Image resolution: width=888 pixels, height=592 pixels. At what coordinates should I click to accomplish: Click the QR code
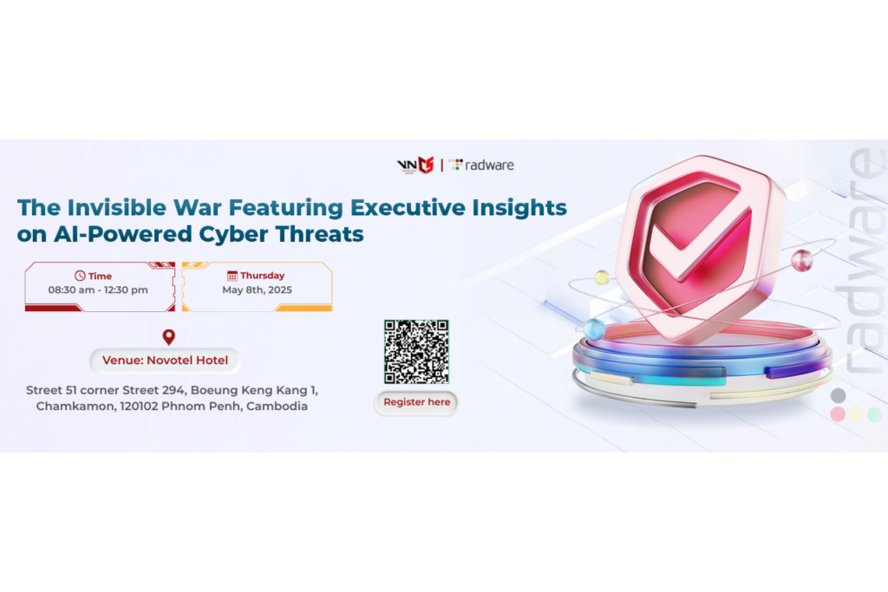(416, 351)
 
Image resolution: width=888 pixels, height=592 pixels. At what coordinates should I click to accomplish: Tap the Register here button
(416, 402)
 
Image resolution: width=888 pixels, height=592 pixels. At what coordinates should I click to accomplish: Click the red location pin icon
(169, 337)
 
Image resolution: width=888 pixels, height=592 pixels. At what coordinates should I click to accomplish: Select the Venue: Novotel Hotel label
(165, 361)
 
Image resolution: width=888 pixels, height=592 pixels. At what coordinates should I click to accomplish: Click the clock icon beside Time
(80, 276)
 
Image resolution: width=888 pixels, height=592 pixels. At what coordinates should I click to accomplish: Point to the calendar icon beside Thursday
(232, 276)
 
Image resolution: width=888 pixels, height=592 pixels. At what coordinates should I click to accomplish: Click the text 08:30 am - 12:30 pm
(98, 289)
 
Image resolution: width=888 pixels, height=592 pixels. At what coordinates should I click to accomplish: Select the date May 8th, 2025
(257, 289)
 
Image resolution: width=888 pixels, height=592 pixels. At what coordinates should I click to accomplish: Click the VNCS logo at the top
(415, 165)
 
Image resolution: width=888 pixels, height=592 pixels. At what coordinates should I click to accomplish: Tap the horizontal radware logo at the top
(481, 165)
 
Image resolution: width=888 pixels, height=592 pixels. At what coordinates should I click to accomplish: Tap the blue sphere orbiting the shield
(594, 329)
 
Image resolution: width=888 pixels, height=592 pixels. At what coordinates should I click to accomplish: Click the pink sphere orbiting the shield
(801, 261)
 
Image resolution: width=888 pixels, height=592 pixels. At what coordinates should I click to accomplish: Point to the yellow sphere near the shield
(602, 277)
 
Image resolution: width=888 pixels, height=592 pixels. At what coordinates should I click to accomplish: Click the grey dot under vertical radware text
(839, 395)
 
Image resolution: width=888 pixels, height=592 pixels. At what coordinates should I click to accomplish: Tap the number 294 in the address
(173, 390)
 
